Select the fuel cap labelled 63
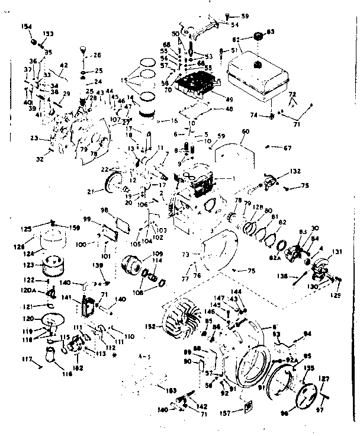coord(258,37)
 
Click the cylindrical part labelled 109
coord(131,264)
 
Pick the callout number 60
coord(245,131)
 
